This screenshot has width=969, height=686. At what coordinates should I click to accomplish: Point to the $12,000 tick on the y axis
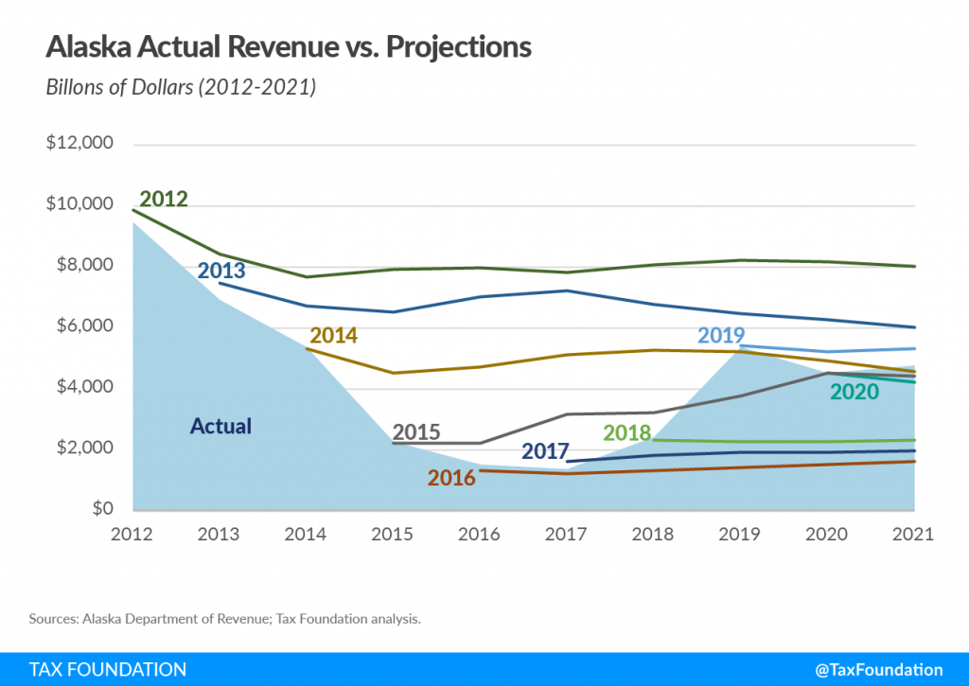[x=79, y=145]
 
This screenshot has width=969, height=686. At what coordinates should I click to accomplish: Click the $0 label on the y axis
[x=102, y=509]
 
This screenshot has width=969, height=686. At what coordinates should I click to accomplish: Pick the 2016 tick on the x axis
[x=479, y=535]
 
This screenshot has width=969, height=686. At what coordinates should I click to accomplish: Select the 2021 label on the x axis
[x=913, y=535]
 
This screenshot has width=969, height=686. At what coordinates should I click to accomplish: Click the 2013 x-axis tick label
[x=219, y=535]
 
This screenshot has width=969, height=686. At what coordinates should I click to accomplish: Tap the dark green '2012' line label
[x=164, y=200]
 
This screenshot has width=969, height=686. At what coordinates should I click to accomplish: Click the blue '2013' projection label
[x=221, y=271]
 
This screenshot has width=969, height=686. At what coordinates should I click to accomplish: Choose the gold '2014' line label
[x=333, y=336]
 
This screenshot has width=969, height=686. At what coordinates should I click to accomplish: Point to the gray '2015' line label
[x=416, y=432]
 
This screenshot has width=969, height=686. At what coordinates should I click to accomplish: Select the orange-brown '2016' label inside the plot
[x=451, y=478]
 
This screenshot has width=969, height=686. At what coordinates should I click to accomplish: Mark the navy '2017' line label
[x=544, y=452]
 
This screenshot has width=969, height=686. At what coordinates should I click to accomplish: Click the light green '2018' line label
[x=627, y=433]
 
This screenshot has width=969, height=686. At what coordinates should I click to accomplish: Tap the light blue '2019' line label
[x=721, y=336]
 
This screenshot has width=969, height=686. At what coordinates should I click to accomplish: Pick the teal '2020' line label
[x=854, y=392]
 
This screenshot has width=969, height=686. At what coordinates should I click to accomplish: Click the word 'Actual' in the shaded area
[x=220, y=427]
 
